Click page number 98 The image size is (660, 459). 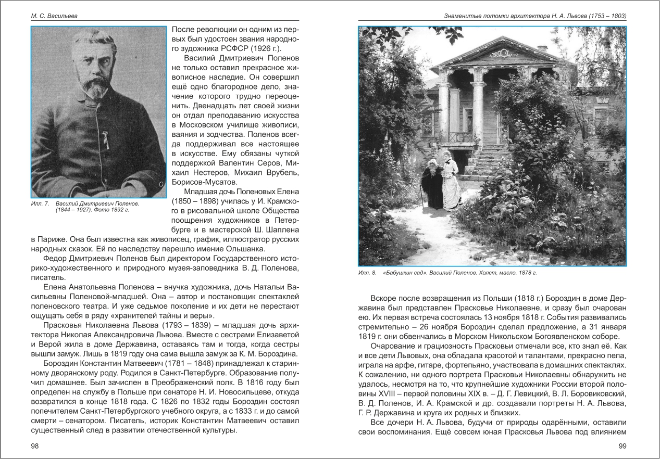[35, 446]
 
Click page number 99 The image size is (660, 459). [621, 446]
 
